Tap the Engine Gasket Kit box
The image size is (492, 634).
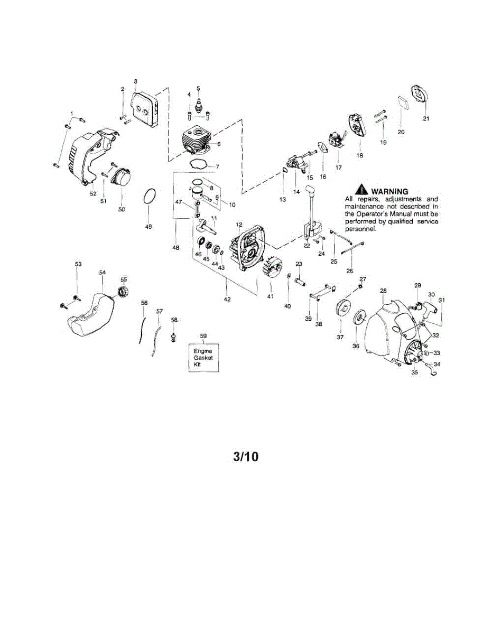click(x=203, y=358)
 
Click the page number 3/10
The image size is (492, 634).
click(x=246, y=456)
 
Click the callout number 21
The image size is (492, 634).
click(x=426, y=118)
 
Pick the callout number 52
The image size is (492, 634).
click(x=93, y=193)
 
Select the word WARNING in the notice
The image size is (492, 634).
click(x=390, y=191)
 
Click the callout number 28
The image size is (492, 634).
click(x=383, y=291)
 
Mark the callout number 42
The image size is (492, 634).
click(x=227, y=299)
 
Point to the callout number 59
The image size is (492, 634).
click(x=203, y=335)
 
